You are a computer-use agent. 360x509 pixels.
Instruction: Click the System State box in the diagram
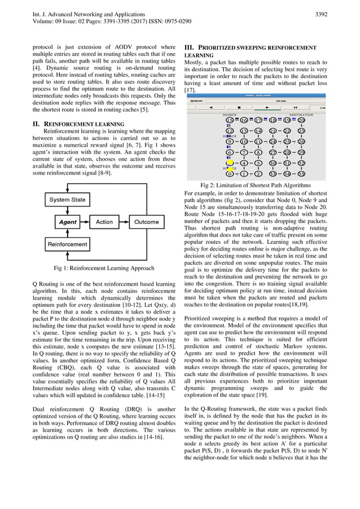pyautogui.click(x=67, y=200)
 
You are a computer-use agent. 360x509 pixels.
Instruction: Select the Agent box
pyautogui.click(x=68, y=222)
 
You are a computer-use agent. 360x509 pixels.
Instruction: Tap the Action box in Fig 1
pyautogui.click(x=104, y=222)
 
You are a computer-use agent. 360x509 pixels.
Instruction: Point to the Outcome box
pyautogui.click(x=146, y=222)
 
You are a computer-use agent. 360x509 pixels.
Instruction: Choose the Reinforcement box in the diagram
pyautogui.click(x=67, y=244)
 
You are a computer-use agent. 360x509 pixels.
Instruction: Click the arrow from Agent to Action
pyautogui.click(x=86, y=222)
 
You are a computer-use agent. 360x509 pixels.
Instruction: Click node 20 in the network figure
pyautogui.click(x=302, y=120)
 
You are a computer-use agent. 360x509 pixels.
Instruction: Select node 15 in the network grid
pyautogui.click(x=230, y=120)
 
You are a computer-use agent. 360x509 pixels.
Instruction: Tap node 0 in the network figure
pyautogui.click(x=230, y=174)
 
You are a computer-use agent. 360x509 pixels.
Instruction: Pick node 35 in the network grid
pyautogui.click(x=302, y=174)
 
